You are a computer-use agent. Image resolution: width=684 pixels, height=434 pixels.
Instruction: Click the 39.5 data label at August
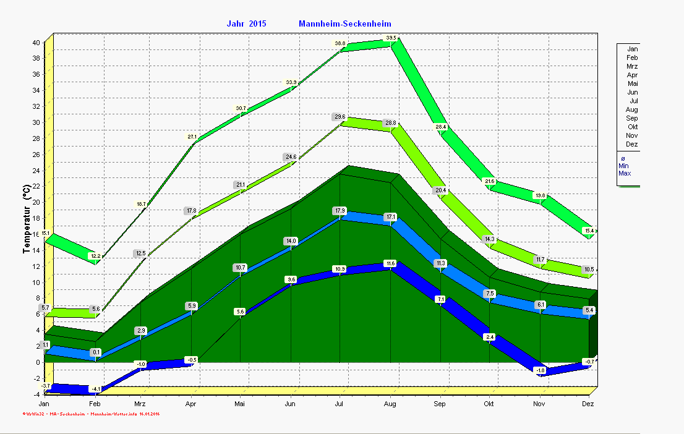[x=391, y=38]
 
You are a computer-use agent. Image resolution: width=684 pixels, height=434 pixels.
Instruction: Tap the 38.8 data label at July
[x=340, y=43]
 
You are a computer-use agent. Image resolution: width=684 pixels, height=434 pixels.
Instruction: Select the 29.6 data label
[x=340, y=117]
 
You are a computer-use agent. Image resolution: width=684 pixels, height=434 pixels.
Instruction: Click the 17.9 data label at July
[x=340, y=211]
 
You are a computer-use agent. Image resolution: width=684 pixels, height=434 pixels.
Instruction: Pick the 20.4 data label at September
[x=440, y=190]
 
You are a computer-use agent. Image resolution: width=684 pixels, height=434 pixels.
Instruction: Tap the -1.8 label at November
[x=541, y=370]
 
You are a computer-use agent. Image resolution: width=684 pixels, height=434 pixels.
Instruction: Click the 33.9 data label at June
[x=291, y=82]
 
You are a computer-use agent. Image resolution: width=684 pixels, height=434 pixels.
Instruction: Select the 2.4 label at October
[x=490, y=337]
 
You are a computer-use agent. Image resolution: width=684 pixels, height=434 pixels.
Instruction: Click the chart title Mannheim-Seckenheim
[x=344, y=24]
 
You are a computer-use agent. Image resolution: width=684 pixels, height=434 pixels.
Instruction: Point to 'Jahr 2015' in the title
[x=246, y=24]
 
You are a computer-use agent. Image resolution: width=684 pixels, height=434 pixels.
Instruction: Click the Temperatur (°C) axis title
[x=27, y=220]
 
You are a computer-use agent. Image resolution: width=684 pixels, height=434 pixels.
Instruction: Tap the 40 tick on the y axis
[x=36, y=43]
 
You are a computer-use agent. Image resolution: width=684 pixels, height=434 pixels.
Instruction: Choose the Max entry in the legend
[x=625, y=174]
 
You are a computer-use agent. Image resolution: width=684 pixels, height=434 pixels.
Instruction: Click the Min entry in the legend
[x=624, y=166]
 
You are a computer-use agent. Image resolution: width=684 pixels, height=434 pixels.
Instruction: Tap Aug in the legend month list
[x=631, y=109]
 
